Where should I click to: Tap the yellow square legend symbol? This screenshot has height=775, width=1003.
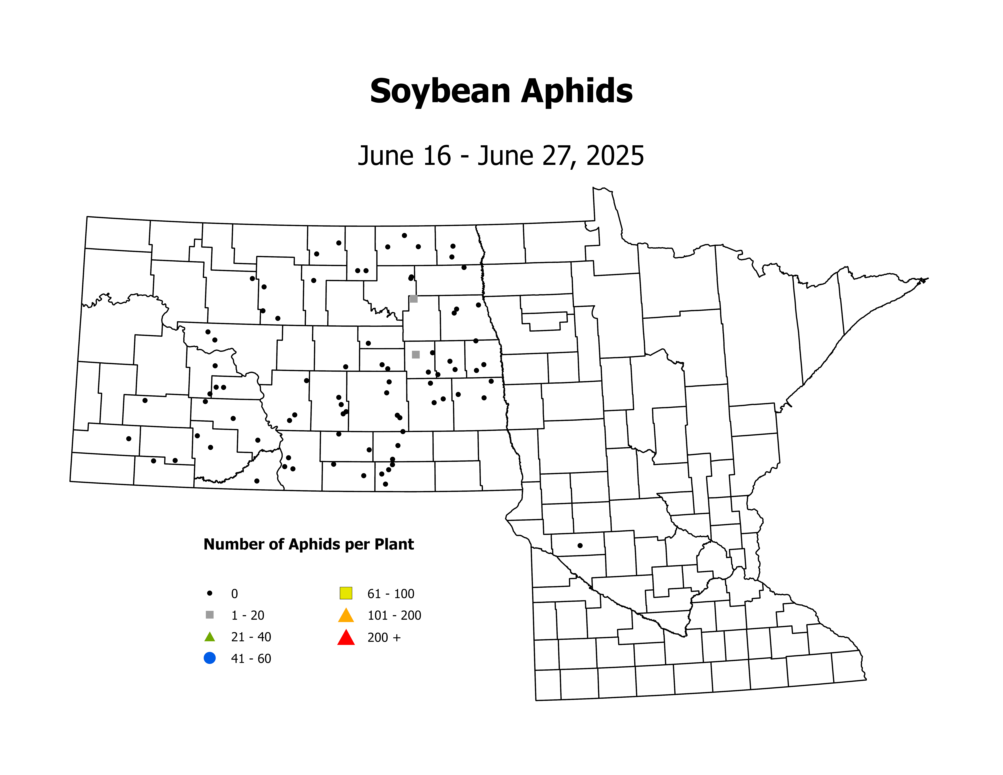click(x=346, y=593)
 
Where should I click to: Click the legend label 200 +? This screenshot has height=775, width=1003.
click(x=384, y=637)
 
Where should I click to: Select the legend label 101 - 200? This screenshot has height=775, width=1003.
click(x=394, y=615)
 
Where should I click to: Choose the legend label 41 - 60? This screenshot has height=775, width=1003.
click(x=251, y=658)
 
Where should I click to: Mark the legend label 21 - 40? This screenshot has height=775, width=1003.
click(x=251, y=637)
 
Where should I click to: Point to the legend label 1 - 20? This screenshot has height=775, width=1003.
click(x=248, y=615)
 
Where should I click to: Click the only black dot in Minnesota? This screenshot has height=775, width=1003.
click(x=580, y=545)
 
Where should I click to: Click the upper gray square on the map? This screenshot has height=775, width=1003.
click(x=413, y=299)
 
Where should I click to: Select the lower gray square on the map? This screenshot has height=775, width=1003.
click(x=416, y=354)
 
